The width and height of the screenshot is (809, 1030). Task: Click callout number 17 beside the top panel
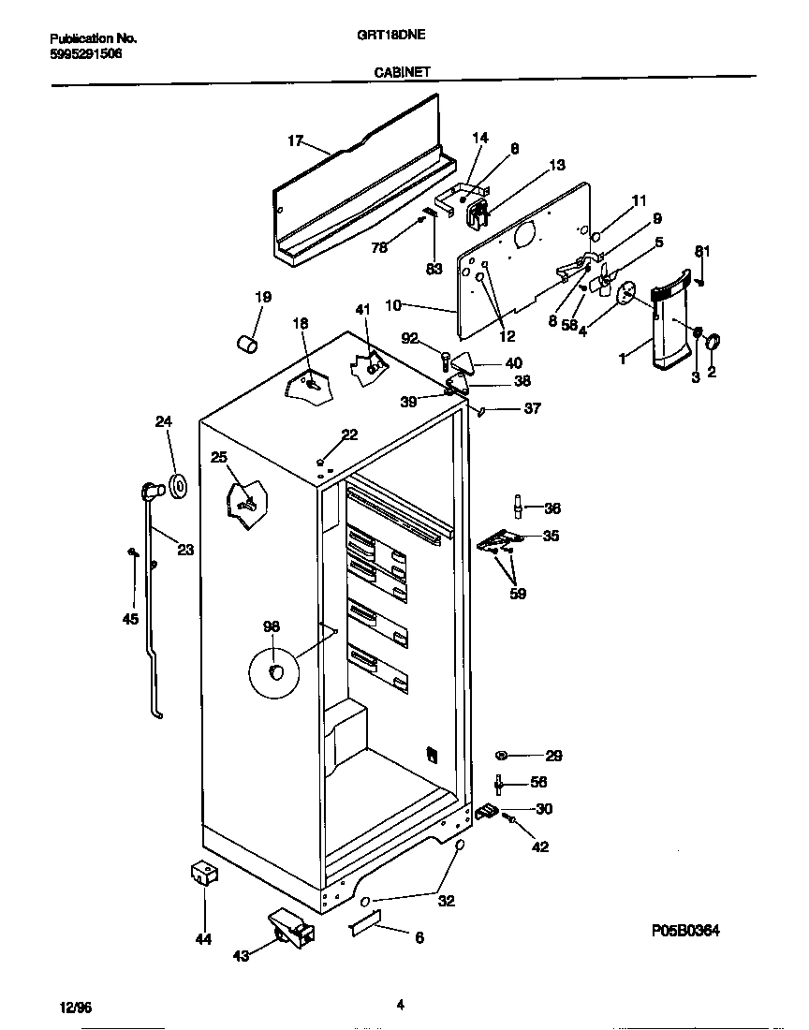tap(295, 141)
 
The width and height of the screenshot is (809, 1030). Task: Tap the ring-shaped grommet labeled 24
tap(176, 486)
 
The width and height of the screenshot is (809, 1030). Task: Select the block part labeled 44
tap(203, 875)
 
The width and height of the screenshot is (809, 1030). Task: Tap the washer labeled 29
tap(503, 755)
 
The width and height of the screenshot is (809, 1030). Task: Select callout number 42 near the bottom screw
tap(540, 846)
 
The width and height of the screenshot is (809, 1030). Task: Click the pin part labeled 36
tap(516, 506)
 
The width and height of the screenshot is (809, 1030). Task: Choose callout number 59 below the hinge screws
tap(518, 593)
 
